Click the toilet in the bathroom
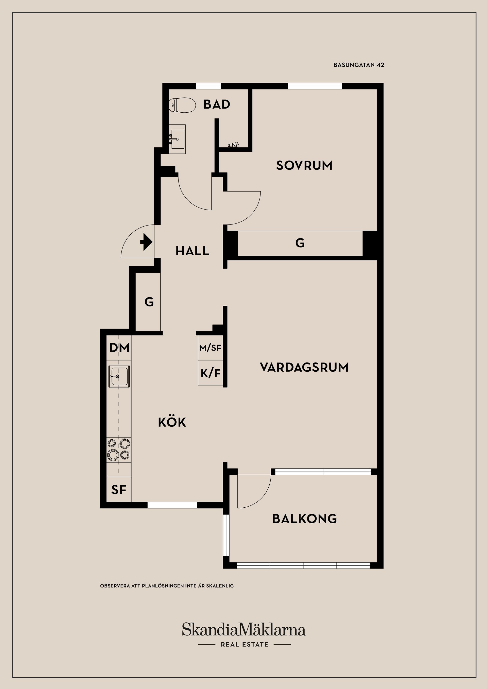coord(182,105)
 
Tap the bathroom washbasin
coord(177,139)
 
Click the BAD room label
coord(217,105)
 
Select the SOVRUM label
coord(304,165)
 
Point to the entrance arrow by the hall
coord(146,242)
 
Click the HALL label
coord(192,251)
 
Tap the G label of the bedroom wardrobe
coord(300,243)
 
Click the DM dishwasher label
coord(119,348)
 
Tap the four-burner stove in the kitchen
coord(119,449)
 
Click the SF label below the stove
coord(119,490)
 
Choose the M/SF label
coord(210,348)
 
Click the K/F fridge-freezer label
coord(210,373)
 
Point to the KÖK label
coord(172,422)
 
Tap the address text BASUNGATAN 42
coord(359,65)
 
